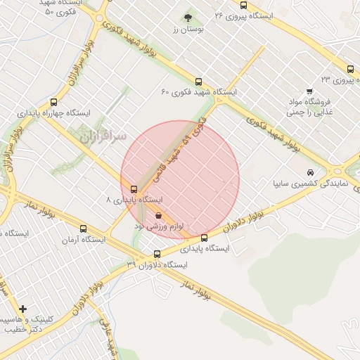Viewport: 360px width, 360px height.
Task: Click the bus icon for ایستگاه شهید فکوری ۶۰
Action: click(x=198, y=82)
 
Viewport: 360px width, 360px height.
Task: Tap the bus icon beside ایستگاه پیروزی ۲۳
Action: click(x=350, y=69)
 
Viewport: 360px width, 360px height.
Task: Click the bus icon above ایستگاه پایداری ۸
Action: click(x=134, y=188)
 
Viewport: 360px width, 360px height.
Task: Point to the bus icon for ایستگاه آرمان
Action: click(x=84, y=229)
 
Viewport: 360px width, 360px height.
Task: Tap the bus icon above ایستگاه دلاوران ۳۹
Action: click(x=157, y=254)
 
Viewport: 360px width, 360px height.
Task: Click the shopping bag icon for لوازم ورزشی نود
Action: click(x=157, y=214)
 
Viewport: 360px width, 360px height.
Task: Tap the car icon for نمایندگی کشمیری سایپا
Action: click(x=310, y=172)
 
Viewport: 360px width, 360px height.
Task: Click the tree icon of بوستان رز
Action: click(x=187, y=17)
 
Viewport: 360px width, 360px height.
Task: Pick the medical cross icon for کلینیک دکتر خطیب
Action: click(x=23, y=309)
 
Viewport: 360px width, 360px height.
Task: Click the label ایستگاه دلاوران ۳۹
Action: click(x=157, y=265)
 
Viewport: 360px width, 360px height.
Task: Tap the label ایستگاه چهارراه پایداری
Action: click(x=54, y=112)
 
